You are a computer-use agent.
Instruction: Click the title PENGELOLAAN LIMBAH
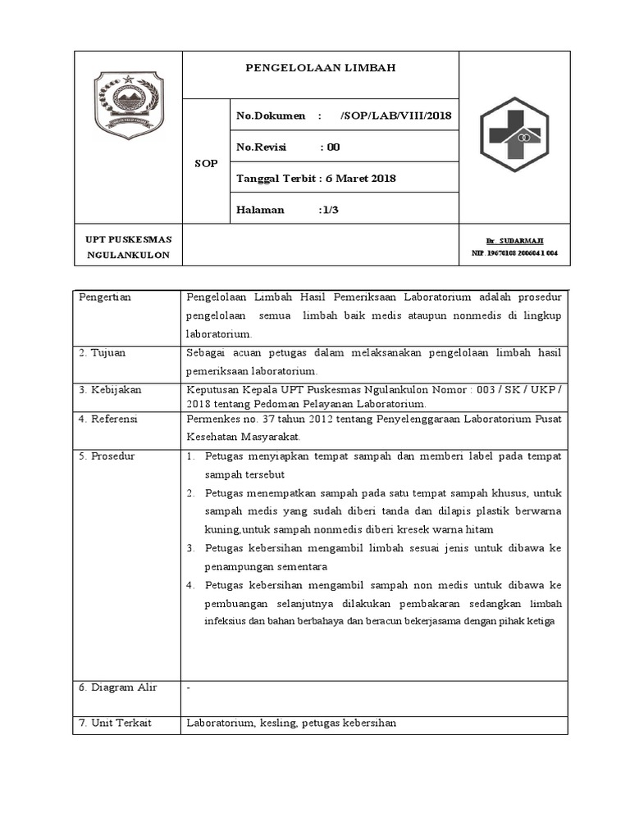click(x=321, y=68)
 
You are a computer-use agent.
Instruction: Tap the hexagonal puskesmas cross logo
click(x=514, y=137)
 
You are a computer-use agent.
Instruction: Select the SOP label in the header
click(x=206, y=163)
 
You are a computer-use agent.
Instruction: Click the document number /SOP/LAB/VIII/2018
click(x=395, y=116)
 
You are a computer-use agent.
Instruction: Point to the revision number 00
click(x=333, y=147)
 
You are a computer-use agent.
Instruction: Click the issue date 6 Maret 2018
click(x=361, y=179)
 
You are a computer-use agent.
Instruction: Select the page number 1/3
click(x=330, y=210)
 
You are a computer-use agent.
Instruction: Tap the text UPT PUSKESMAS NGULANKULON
click(x=129, y=247)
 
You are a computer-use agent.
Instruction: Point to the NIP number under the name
click(x=514, y=254)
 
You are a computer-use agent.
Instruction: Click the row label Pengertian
click(x=105, y=297)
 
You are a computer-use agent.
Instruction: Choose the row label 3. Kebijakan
click(x=111, y=390)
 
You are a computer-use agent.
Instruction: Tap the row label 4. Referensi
click(x=108, y=419)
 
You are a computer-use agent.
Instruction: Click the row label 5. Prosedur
click(x=107, y=456)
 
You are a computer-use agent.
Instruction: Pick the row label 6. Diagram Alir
click(x=118, y=687)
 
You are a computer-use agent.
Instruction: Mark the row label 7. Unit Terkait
click(x=116, y=723)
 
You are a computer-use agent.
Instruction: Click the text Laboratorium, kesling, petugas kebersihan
click(x=291, y=723)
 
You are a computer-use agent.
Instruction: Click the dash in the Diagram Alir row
click(x=189, y=688)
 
